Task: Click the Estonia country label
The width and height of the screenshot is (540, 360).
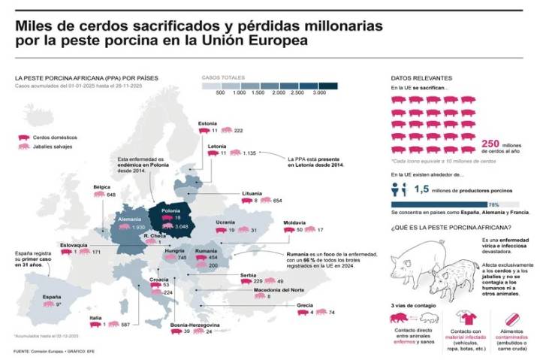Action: tap(207, 123)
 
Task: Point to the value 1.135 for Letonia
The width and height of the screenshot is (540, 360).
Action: tap(250, 153)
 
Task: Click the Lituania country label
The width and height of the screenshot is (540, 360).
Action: tap(252, 193)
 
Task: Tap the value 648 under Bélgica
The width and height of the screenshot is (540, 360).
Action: tap(110, 195)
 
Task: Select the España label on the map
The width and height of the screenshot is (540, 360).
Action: tap(52, 297)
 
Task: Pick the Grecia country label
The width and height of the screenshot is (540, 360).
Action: tap(305, 304)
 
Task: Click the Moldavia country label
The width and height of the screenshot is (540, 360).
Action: tap(294, 222)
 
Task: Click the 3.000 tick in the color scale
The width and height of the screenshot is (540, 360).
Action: tap(319, 92)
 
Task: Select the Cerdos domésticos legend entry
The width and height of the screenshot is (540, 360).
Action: tap(53, 138)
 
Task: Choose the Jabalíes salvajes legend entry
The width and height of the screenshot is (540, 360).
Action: tap(52, 147)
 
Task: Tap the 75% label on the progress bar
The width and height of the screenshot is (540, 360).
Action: tap(493, 204)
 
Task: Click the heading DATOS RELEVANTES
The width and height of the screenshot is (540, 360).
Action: tap(421, 78)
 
